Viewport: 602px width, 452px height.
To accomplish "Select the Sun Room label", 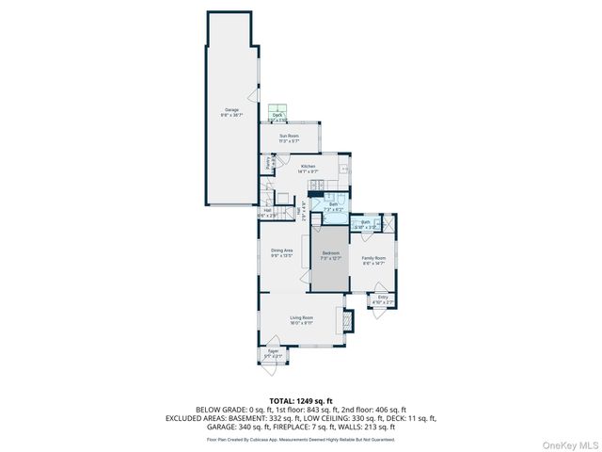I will click(289, 138).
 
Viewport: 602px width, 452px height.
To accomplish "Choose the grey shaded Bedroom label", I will click(330, 254).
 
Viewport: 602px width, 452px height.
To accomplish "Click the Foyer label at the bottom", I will click(273, 354).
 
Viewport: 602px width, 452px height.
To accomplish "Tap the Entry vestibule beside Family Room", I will click(383, 299).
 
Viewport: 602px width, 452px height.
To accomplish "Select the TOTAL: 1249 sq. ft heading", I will click(300, 400).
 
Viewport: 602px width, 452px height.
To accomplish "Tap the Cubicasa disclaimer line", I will click(300, 439).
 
